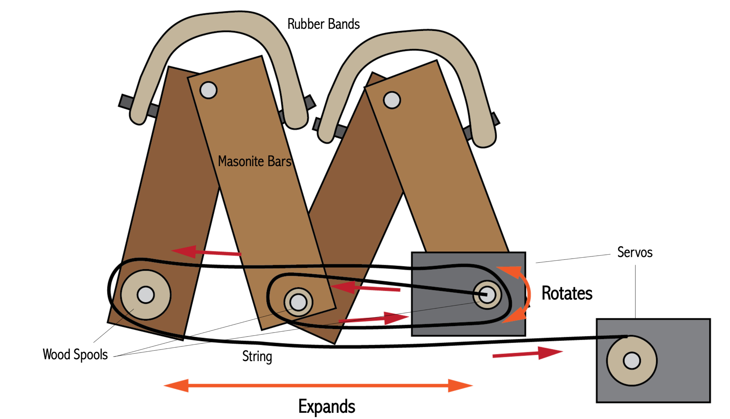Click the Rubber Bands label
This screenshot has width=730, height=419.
(323, 24)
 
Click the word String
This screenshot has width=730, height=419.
(257, 356)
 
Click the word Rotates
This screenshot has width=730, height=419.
(567, 293)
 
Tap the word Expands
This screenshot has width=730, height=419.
(326, 406)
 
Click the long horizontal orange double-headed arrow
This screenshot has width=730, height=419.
(318, 386)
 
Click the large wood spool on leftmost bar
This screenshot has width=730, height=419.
(146, 295)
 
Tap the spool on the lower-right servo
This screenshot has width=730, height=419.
(632, 361)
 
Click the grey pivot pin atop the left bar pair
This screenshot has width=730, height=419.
(208, 90)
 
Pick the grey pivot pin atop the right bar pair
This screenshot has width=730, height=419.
(392, 100)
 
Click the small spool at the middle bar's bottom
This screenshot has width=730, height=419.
(298, 302)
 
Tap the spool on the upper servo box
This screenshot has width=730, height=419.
(487, 295)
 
